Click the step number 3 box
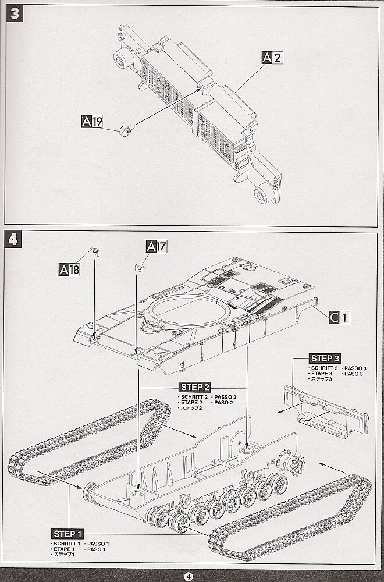(15, 15)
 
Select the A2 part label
(272, 57)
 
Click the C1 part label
(339, 317)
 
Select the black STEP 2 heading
(195, 387)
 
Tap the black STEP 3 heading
(325, 358)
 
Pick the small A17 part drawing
(138, 267)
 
